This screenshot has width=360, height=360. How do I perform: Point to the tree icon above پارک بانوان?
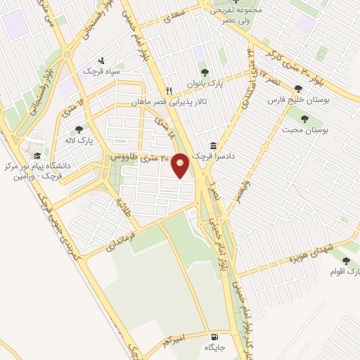pyautogui.click(x=205, y=72)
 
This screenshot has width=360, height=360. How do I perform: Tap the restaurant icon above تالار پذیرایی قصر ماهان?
pyautogui.click(x=169, y=91)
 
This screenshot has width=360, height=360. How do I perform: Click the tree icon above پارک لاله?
pyautogui.click(x=78, y=129)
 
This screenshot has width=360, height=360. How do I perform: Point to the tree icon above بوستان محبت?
pyautogui.click(x=304, y=118)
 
